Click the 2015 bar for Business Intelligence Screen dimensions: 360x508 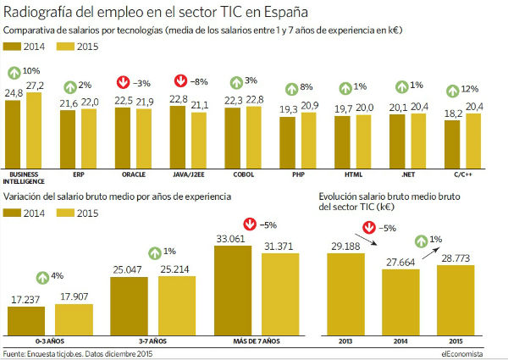click(x=34, y=130)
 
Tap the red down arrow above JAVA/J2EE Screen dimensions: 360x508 click(x=179, y=81)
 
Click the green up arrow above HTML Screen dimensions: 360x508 click(x=345, y=86)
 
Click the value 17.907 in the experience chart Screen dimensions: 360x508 click(x=74, y=296)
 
